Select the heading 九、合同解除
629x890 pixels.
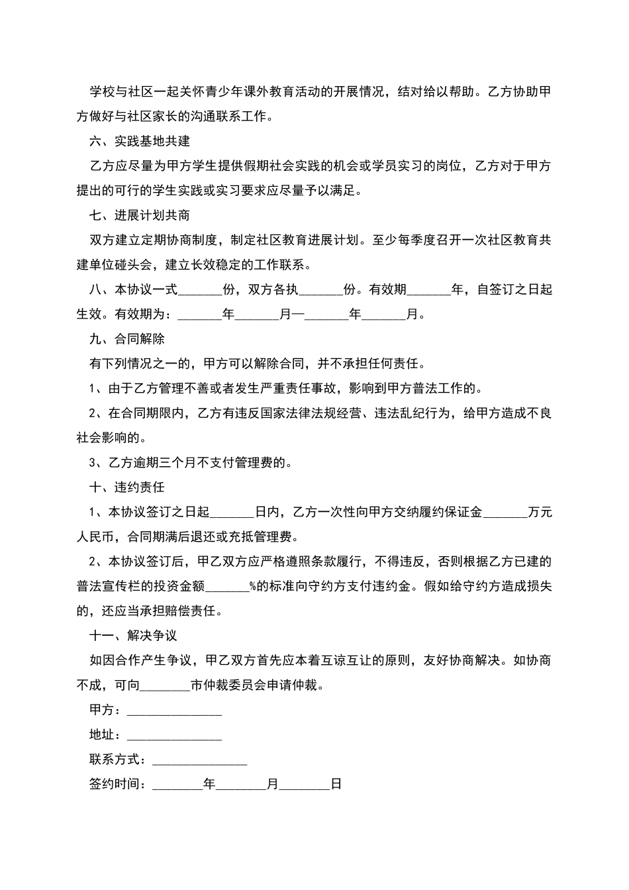tap(127, 339)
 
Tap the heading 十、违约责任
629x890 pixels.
tap(127, 487)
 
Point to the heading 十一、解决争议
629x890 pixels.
tap(133, 636)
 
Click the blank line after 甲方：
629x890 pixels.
tap(174, 711)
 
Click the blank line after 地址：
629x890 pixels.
tap(174, 735)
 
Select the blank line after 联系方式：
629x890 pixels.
tap(199, 760)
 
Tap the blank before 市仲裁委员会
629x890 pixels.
tap(165, 685)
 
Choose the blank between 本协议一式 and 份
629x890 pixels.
tap(201, 289)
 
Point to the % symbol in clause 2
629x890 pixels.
tap(252, 586)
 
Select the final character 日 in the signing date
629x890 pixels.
tap(336, 785)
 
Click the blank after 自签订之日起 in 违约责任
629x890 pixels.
tap(232, 512)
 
